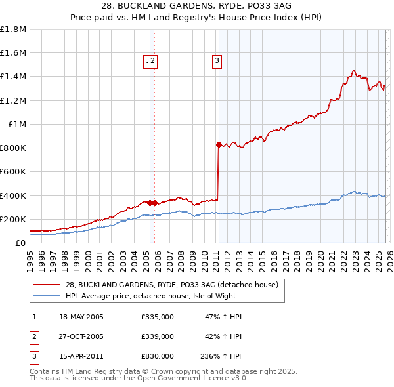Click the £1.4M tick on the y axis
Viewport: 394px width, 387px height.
13,77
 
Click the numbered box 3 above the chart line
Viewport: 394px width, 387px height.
216,62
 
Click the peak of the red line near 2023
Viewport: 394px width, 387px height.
353,70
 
